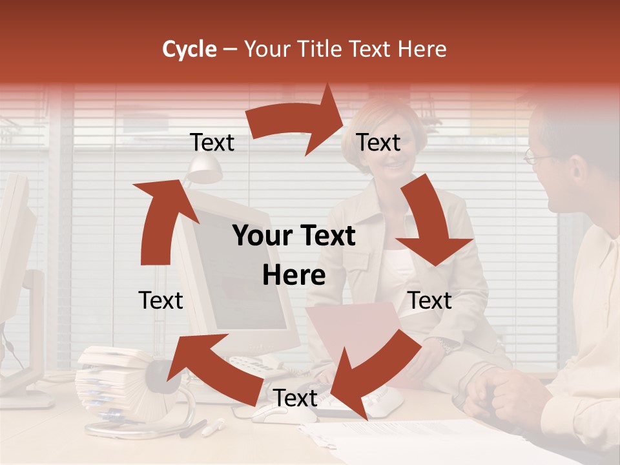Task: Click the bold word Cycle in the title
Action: pos(189,49)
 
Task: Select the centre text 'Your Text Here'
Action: pos(294,256)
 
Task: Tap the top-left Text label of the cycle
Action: pos(212,142)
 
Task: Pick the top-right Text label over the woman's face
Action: pos(378,142)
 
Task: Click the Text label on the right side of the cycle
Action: pos(429,300)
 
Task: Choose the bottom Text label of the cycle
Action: pos(295,398)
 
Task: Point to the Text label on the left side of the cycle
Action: pos(161,300)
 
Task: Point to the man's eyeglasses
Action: pos(537,156)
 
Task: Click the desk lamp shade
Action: pos(205,169)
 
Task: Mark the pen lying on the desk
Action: pos(213,427)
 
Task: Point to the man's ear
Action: pos(579,170)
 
